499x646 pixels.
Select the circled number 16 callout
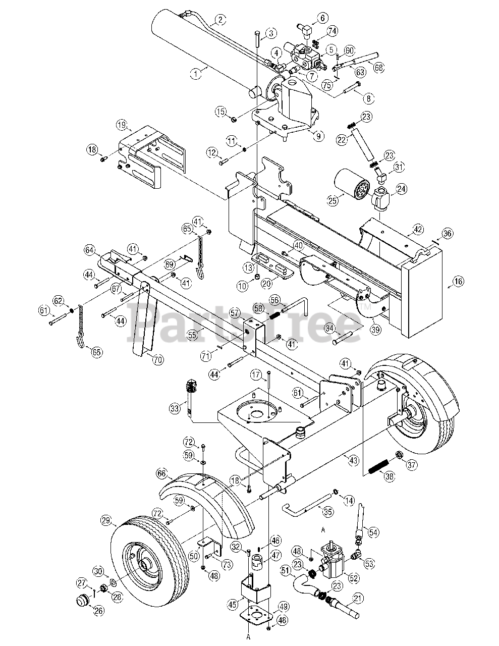458,282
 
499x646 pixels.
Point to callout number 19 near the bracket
121,124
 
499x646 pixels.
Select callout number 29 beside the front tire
105,520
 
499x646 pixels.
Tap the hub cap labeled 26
81,601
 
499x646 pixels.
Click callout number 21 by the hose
358,599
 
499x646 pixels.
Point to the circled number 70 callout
157,360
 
